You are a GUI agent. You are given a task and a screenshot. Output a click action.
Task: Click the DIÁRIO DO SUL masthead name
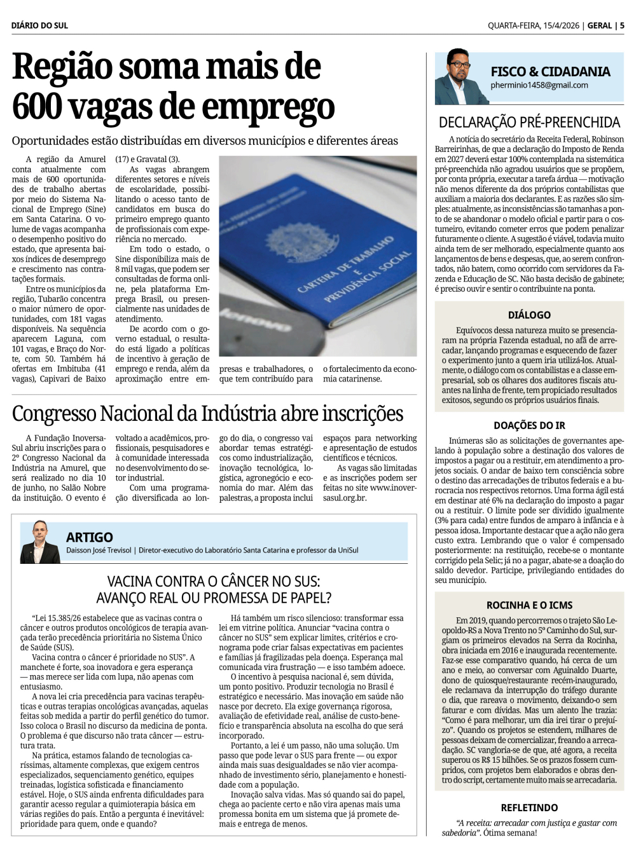(x=39, y=25)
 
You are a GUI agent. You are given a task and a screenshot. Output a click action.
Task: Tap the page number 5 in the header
(x=622, y=25)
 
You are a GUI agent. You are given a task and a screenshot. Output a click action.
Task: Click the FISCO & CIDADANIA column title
(x=550, y=71)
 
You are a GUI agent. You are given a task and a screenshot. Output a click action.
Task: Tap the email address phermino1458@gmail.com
(x=539, y=85)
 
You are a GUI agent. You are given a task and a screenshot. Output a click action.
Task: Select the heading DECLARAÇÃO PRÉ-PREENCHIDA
(x=529, y=122)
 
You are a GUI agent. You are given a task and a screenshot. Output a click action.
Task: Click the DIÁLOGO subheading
(x=529, y=315)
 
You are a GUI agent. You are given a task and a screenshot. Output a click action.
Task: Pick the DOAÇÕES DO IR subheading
(x=529, y=425)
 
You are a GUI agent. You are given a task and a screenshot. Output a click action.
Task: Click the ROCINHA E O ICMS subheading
(x=529, y=605)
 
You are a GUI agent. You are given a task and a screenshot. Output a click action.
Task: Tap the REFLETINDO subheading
(x=529, y=807)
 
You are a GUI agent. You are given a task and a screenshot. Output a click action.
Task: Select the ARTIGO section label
(x=90, y=537)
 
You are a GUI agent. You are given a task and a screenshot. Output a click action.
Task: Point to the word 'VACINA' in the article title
(x=131, y=581)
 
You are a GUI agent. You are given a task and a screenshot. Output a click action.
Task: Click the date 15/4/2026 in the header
(x=560, y=25)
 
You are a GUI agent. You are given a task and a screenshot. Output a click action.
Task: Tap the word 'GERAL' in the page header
(x=600, y=25)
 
